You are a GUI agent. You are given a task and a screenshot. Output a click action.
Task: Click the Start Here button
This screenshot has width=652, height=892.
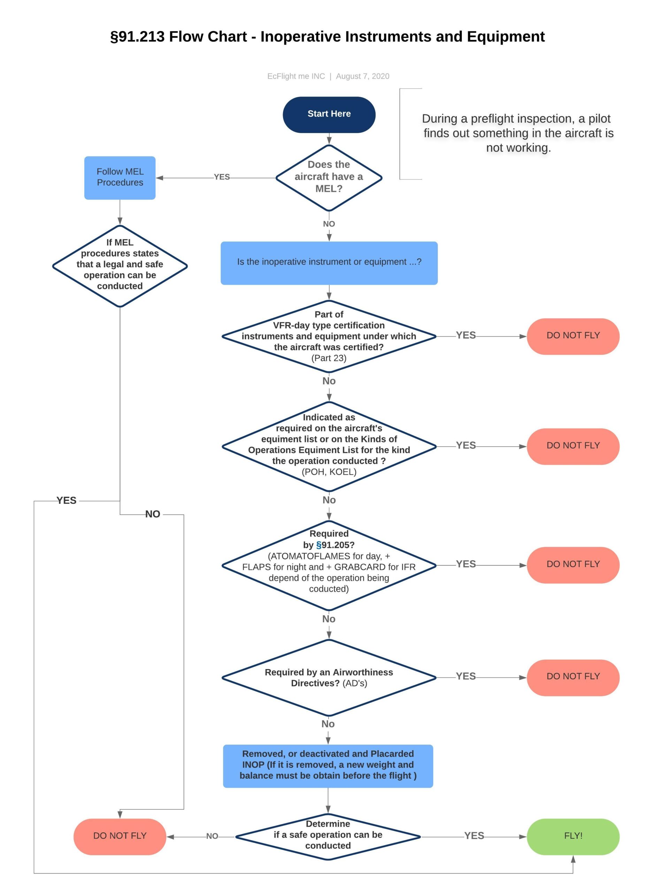[x=329, y=114]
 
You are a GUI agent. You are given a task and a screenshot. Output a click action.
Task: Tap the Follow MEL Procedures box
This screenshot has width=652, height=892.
[x=120, y=178]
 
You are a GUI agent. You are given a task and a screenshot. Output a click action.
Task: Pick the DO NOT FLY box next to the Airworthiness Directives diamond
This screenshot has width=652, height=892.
[x=573, y=677]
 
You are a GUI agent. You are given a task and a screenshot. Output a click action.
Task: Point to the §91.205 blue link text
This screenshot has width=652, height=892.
[x=335, y=545]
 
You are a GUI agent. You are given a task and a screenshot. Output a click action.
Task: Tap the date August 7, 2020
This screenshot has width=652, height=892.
[x=362, y=76]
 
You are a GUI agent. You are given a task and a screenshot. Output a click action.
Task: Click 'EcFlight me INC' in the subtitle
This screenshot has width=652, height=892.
[x=296, y=76]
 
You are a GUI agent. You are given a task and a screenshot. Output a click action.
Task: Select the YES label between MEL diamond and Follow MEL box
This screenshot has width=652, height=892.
[x=222, y=177]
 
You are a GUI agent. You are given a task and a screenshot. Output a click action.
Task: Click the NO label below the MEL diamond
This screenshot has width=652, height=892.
[x=329, y=224]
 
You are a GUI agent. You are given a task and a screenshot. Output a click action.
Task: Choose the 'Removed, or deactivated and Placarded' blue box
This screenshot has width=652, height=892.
[x=328, y=766]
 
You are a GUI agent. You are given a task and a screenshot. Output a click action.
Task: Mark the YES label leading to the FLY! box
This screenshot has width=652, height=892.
[x=474, y=836]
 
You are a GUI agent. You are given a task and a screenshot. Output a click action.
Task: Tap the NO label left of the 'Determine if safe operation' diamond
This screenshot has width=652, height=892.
[x=212, y=836]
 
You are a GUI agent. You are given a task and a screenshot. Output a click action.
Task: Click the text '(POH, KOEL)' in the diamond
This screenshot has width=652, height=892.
[x=329, y=472]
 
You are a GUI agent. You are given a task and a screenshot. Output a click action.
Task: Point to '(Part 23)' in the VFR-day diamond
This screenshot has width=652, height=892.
[x=329, y=358]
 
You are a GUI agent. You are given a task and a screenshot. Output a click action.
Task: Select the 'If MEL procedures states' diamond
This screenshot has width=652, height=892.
[x=120, y=265]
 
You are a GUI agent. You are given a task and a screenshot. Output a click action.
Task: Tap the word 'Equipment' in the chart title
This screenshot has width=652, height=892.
[x=506, y=37]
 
